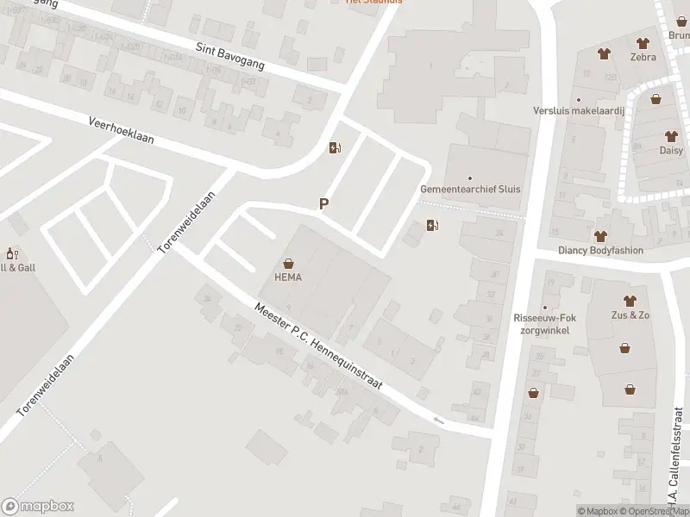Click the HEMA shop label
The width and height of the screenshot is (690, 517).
[x=287, y=277]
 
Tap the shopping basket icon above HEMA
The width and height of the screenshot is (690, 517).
[x=287, y=264]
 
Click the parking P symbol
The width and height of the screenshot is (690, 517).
[x=324, y=204]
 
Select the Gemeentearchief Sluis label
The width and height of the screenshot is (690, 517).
[x=470, y=190]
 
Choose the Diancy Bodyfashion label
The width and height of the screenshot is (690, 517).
[x=601, y=251]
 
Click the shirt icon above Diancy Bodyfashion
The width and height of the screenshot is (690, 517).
[x=601, y=236]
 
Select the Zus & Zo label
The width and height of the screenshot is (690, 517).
[x=630, y=315]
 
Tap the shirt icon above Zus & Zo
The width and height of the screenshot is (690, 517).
[x=630, y=301]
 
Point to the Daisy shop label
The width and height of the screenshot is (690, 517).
[x=671, y=150]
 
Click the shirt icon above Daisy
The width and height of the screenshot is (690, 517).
[x=671, y=136]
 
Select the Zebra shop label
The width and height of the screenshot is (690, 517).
[x=643, y=57]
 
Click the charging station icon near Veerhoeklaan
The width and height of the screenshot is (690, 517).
[x=335, y=147]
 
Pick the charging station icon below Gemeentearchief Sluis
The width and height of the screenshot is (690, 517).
[x=432, y=226]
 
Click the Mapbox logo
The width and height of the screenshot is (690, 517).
[x=38, y=507]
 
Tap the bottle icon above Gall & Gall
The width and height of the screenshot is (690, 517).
[x=12, y=253]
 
